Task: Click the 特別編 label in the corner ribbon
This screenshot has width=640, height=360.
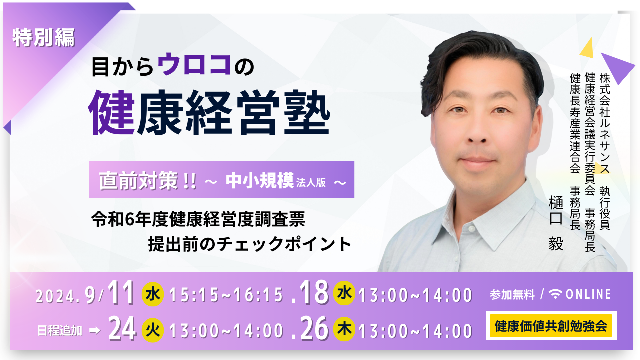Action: point(43,37)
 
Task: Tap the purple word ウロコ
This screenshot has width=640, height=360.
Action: point(194,64)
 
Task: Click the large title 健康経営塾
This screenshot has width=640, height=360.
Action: point(209,113)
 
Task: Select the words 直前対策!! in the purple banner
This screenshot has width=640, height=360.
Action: point(147,181)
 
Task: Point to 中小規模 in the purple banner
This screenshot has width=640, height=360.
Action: point(259,180)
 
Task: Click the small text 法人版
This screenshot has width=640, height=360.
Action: point(311,183)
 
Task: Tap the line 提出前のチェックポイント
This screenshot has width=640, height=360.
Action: point(249,244)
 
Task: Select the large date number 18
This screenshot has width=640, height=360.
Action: point(314,292)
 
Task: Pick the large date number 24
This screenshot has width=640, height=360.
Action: point(122,329)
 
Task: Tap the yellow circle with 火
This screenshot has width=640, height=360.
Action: point(153,330)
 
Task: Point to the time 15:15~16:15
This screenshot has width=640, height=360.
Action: point(227,295)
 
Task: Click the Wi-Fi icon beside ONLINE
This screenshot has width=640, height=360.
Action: point(555,294)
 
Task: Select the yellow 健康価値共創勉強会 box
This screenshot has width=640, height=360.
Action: point(551,326)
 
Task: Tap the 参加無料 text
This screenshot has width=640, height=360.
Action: point(512,295)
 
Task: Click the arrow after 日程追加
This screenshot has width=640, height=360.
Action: point(95,331)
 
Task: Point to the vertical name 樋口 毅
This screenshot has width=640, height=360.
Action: point(556,223)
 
